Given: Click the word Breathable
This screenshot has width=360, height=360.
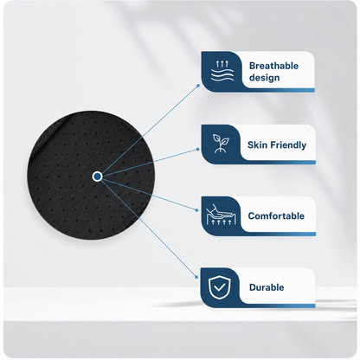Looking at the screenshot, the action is click(x=273, y=66).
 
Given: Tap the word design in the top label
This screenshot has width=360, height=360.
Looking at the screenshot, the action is click(x=265, y=78).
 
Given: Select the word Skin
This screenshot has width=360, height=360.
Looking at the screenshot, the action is click(x=257, y=145).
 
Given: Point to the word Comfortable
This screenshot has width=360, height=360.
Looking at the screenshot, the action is click(x=276, y=216).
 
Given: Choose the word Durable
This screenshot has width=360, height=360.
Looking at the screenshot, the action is click(x=267, y=287).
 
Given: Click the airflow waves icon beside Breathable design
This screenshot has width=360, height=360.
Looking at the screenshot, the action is click(x=222, y=71).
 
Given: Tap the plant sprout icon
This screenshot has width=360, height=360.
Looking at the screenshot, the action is click(x=221, y=144).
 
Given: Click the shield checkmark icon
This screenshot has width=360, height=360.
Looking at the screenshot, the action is click(x=219, y=287).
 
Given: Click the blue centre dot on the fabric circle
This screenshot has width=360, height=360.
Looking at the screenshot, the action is click(x=98, y=176).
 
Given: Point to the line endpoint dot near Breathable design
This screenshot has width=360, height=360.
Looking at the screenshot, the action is click(x=198, y=86).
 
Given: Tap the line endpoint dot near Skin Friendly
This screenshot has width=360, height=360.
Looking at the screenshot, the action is click(x=198, y=149).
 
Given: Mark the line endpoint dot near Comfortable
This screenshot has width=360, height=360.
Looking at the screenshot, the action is click(x=197, y=210).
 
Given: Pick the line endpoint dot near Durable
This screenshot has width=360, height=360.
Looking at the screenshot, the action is click(x=196, y=277).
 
